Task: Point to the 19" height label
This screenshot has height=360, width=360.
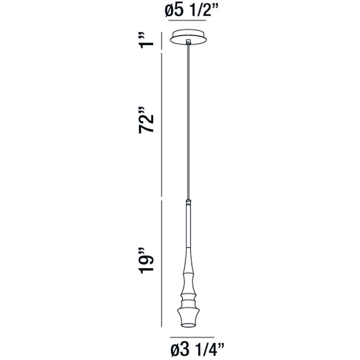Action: coord(147,263)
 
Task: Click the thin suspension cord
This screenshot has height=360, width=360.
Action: coord(188,122)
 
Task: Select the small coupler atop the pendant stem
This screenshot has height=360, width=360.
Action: coord(188,201)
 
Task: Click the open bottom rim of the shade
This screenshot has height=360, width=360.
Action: coord(188,325)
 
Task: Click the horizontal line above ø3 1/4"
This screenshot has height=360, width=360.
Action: coord(192,337)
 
